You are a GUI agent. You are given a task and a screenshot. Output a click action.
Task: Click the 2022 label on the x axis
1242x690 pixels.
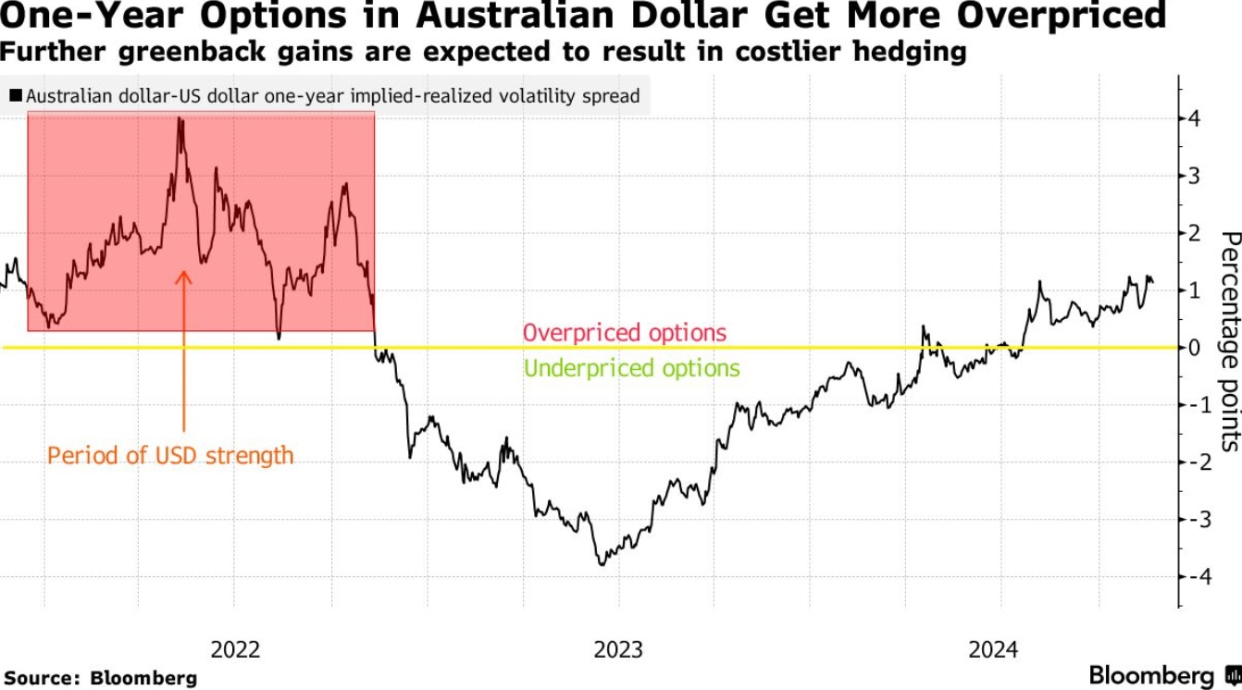click(235, 649)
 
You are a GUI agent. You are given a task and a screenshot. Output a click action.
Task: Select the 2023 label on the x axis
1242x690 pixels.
click(618, 649)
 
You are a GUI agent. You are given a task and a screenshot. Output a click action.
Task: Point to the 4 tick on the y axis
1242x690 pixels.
click(1195, 118)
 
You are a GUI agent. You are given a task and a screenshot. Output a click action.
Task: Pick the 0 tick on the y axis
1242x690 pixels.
click(1195, 348)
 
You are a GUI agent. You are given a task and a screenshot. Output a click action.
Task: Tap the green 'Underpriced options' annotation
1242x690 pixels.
click(632, 368)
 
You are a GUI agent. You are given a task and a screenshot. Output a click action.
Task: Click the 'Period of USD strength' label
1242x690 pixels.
click(170, 455)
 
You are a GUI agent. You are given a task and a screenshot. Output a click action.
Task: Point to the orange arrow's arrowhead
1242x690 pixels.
click(183, 275)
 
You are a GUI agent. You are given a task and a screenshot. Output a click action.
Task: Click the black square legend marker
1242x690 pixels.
click(16, 95)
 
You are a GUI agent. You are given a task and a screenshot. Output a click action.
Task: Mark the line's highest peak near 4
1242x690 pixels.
click(180, 119)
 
